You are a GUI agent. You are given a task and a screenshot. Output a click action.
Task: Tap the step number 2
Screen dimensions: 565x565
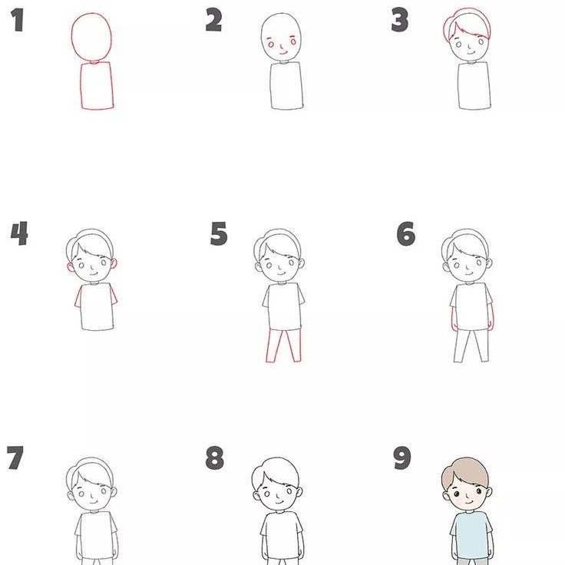214,21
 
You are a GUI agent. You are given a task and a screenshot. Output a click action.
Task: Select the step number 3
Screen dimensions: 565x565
399,21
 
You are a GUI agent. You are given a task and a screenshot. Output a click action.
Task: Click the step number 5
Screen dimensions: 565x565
219,233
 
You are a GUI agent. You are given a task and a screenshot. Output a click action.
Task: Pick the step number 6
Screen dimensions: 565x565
406,233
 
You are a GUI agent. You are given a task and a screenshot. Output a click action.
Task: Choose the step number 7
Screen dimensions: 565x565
15,458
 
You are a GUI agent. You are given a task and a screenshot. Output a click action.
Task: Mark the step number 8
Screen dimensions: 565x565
215,459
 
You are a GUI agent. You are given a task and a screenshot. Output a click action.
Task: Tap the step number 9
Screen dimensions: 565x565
401,459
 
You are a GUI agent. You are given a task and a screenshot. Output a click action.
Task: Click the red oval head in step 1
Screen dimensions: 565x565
93,37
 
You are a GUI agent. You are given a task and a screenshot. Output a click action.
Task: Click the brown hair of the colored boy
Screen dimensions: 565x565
468,472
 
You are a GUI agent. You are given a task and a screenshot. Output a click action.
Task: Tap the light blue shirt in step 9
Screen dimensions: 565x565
470,534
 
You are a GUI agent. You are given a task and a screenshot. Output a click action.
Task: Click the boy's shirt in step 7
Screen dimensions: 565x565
97,534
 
